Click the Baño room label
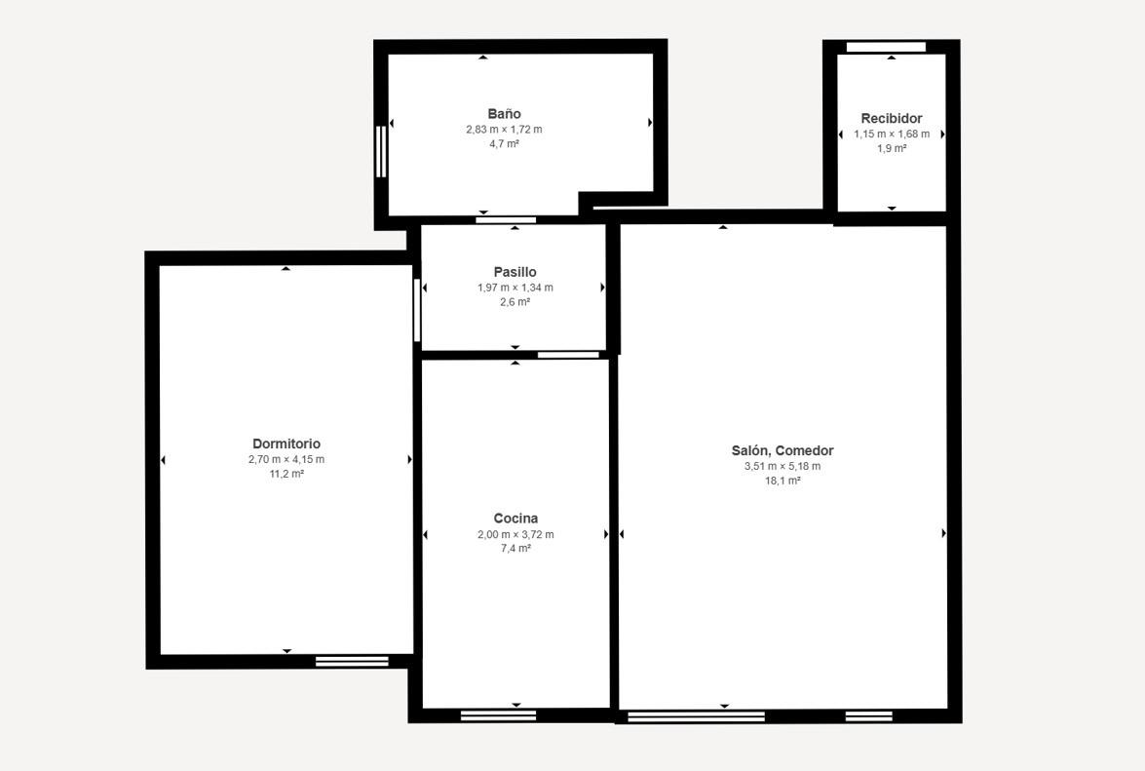pos(504,114)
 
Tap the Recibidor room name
pos(891,118)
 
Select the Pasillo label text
pos(515,272)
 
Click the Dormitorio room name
pos(286,443)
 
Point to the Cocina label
pos(515,519)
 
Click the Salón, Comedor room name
pos(782,451)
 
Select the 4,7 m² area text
pos(504,144)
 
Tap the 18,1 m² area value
pos(782,482)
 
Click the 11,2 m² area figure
pos(286,474)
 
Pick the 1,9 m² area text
pos(892,148)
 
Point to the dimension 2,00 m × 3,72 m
pos(515,534)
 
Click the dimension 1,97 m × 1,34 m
pos(515,288)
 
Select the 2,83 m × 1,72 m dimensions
pos(504,130)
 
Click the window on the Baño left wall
pos(380,152)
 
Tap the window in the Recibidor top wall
pos(886,48)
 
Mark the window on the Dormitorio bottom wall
pos(352,662)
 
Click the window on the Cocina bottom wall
pos(498,715)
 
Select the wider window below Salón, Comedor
pos(696,717)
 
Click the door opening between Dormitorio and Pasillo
pos(417,310)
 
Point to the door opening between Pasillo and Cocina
pos(568,355)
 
